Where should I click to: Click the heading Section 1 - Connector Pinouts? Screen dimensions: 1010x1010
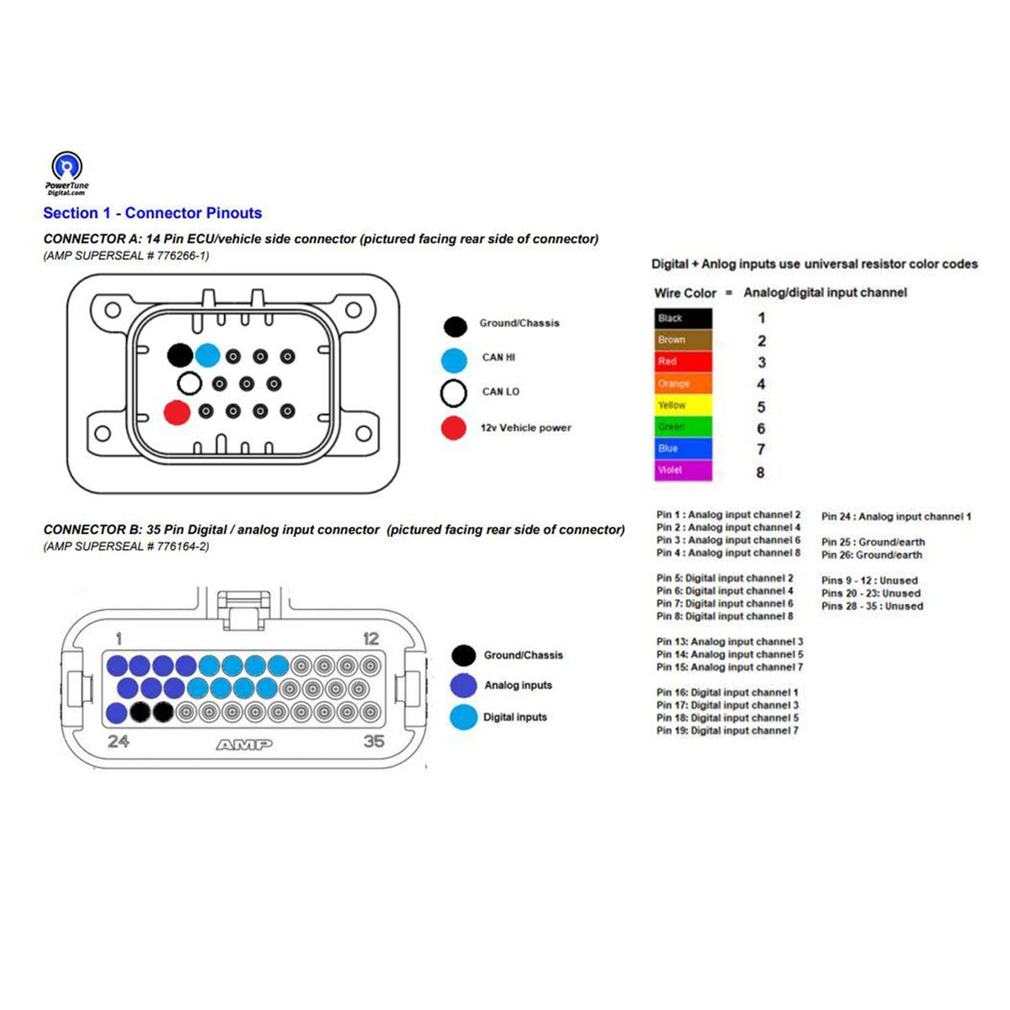coord(152,213)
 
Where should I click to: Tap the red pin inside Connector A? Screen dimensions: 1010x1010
coord(177,412)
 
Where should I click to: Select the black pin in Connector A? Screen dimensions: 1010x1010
coord(180,355)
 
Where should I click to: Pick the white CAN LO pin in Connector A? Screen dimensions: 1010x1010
coord(190,385)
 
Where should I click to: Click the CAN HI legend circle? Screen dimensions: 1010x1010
coord(454,359)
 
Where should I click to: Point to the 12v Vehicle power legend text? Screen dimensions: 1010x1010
coord(526,428)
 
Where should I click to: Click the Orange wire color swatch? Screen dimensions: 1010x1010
coord(683,384)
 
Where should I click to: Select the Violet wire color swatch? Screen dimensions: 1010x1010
coord(683,470)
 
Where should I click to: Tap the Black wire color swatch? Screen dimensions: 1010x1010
coord(683,318)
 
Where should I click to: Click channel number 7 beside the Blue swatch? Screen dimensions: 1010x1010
coord(761,449)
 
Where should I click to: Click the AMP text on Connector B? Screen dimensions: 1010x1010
coord(244,744)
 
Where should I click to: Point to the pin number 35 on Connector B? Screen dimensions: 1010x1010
coord(374,742)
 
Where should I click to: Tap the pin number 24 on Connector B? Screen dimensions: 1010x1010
coord(119,742)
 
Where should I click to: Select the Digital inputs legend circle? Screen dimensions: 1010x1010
coord(464,717)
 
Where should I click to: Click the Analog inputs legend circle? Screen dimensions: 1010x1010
coord(464,685)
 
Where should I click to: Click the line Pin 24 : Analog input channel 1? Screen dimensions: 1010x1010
coord(896,517)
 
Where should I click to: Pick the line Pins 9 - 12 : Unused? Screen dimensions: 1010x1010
coord(869,581)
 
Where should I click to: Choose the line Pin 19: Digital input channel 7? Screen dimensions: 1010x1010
coord(727,731)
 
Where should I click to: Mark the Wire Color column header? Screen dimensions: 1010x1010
coord(685,293)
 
